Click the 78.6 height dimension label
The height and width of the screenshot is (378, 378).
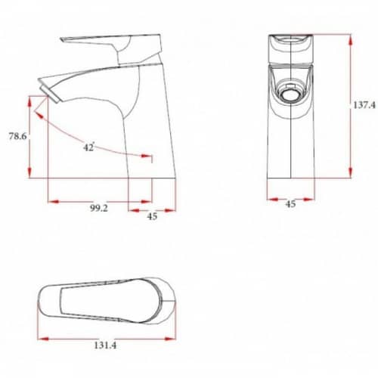coord(17,136)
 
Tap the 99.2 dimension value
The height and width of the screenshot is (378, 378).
coord(99,208)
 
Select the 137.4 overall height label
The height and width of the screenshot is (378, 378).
coord(364,105)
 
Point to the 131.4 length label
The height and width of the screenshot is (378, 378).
coord(105,345)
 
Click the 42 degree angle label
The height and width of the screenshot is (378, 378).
coord(88,147)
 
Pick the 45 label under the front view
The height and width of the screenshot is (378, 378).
coord(290,204)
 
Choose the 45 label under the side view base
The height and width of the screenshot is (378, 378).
coord(152,216)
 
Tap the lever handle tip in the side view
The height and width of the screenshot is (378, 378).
coord(61,39)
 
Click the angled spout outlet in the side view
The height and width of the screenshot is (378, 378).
coord(51,93)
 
